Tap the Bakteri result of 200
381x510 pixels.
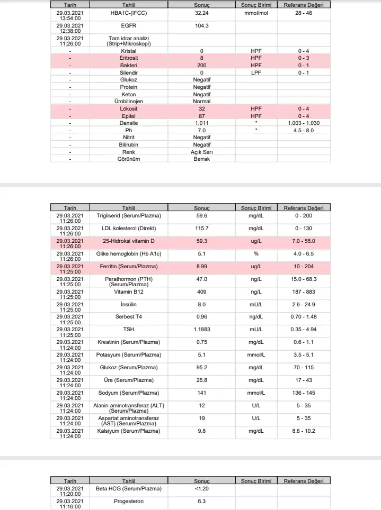[x=202, y=65]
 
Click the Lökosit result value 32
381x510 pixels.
[x=202, y=108]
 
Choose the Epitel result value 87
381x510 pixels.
[x=202, y=116]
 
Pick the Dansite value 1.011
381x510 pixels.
[x=202, y=123]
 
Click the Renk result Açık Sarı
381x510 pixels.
[x=202, y=152]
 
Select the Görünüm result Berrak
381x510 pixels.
[x=202, y=159]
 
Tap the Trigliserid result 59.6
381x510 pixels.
[x=202, y=216]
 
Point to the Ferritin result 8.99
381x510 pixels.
[x=202, y=267]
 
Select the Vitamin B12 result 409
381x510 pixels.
[x=202, y=292]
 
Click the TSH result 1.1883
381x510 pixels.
[x=202, y=329]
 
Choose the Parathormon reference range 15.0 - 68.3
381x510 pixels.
[x=304, y=279]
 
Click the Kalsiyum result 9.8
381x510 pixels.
[x=202, y=431]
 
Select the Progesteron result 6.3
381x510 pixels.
[x=202, y=501]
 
